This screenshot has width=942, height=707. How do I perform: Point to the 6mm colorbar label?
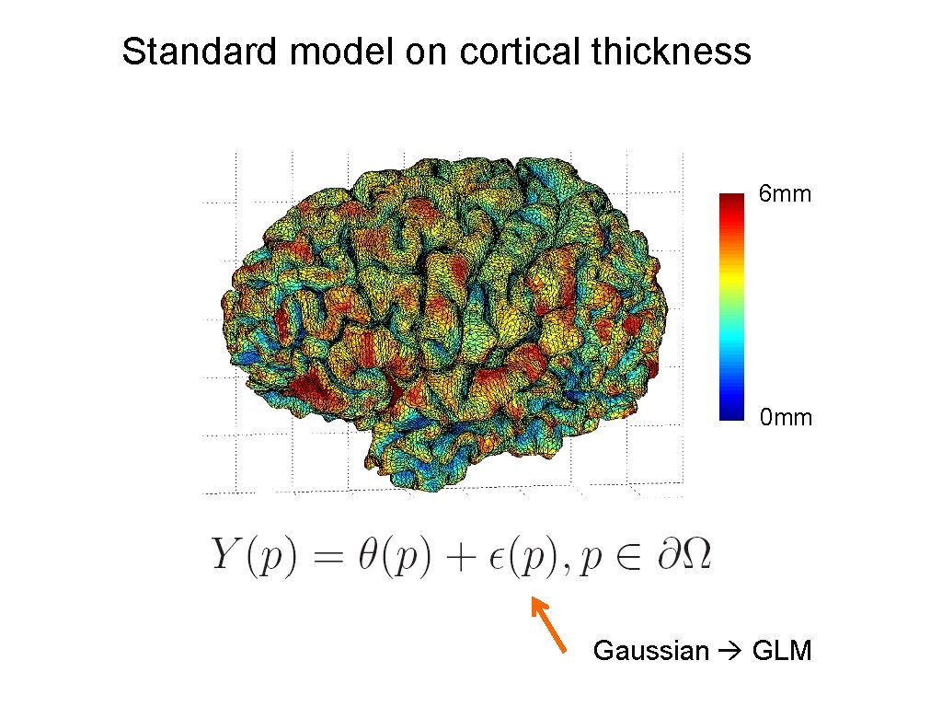coord(785,194)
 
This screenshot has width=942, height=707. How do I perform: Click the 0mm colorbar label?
coord(786,418)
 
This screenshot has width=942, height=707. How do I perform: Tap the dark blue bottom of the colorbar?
coord(731,413)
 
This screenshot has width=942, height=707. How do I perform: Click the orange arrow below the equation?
coord(548,625)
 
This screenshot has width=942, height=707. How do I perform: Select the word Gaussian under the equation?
coord(650,652)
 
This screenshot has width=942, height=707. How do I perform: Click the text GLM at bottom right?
coord(782,652)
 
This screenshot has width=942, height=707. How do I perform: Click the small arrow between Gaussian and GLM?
coord(731,652)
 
